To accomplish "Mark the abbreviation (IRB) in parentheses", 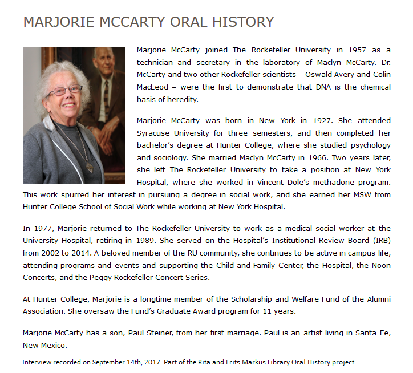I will (377, 241).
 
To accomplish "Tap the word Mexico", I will (55, 345).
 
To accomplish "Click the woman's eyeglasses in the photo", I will (63, 90).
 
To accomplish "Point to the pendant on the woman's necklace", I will (90, 168).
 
